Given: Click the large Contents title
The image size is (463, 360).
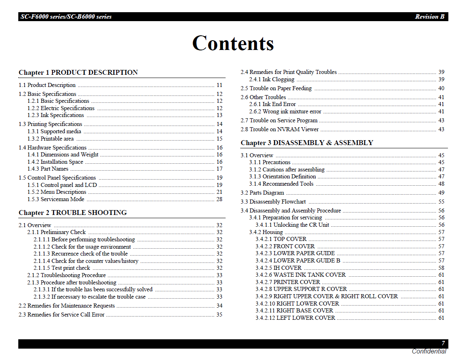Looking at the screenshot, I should tap(233, 43).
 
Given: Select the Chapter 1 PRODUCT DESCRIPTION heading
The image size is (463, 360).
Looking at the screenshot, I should tap(78, 73).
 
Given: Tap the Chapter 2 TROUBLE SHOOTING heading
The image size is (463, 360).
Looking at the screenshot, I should tap(73, 213).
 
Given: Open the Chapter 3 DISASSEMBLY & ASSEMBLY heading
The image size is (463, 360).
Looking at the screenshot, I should tap(306, 143).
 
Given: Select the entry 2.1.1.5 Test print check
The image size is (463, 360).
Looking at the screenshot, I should tap(62, 268).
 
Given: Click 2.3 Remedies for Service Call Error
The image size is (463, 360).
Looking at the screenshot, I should tap(61, 314).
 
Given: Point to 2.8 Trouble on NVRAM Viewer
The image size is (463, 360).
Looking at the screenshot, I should tap(280, 129).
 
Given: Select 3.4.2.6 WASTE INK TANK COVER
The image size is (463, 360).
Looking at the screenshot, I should tap(300, 275).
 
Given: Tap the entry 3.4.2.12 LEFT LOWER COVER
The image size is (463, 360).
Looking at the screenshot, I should tap(295, 318).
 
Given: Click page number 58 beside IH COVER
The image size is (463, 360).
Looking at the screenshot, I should tap(441, 268).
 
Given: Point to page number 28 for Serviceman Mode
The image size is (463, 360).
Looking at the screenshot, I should tap(219, 199).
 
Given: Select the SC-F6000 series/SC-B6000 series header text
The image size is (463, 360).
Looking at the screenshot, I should tap(66, 17).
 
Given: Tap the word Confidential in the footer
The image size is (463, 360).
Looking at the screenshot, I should tap(428, 351).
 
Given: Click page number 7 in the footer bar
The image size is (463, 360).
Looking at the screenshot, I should tap(443, 343).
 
